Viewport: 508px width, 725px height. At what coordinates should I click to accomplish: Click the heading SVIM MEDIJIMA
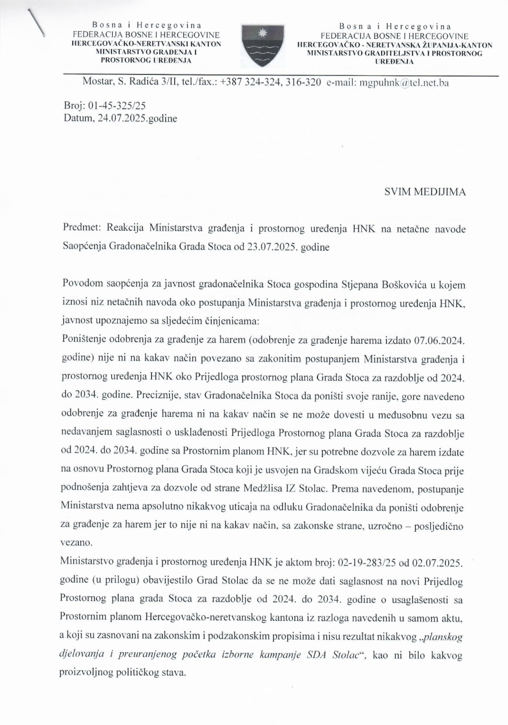click(x=425, y=192)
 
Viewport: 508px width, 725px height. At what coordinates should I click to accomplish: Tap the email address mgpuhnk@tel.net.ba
click(x=404, y=82)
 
